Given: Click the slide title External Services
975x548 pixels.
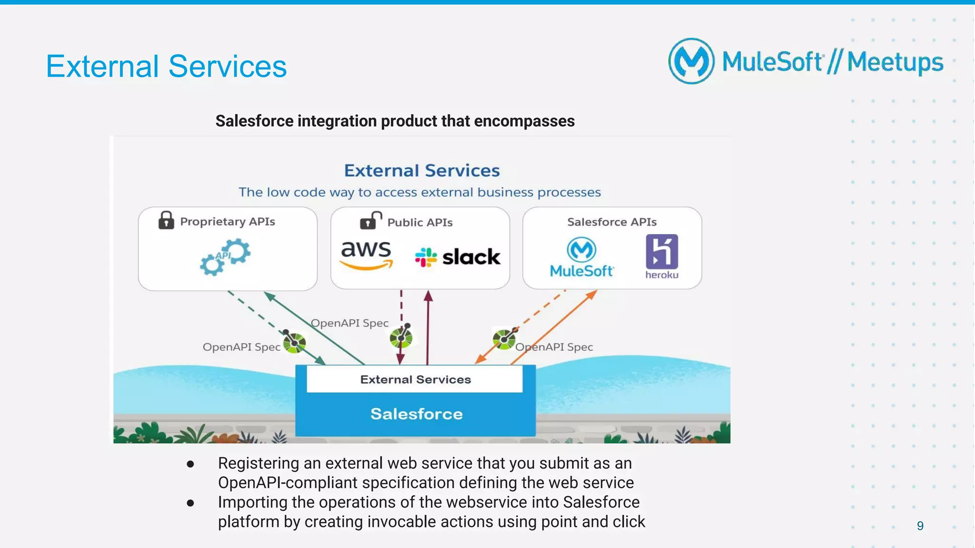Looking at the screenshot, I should click(x=166, y=66).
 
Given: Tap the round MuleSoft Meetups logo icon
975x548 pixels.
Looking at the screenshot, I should click(x=691, y=61).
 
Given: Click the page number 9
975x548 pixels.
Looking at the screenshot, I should click(x=920, y=526).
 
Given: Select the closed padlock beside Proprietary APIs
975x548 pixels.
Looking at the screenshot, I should click(x=166, y=221).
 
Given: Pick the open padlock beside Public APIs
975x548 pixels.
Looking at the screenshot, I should click(x=370, y=221).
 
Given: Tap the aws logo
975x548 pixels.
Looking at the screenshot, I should click(x=366, y=254).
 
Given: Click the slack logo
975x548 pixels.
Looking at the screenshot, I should click(x=458, y=257).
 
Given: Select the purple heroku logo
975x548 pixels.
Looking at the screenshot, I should click(x=662, y=256).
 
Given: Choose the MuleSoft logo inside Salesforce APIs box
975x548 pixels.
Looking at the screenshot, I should click(x=582, y=257).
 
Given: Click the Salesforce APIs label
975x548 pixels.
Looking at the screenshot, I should click(x=612, y=222).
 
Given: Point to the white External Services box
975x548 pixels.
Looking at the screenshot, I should click(x=415, y=379).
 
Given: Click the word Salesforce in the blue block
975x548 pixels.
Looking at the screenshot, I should click(x=416, y=414).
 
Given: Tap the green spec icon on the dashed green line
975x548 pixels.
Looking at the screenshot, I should click(x=294, y=342).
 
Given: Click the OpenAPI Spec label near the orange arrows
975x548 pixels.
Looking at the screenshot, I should click(x=555, y=347).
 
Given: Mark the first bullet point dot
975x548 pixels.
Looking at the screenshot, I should click(x=190, y=464).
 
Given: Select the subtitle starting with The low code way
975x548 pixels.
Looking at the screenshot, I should click(x=419, y=192).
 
